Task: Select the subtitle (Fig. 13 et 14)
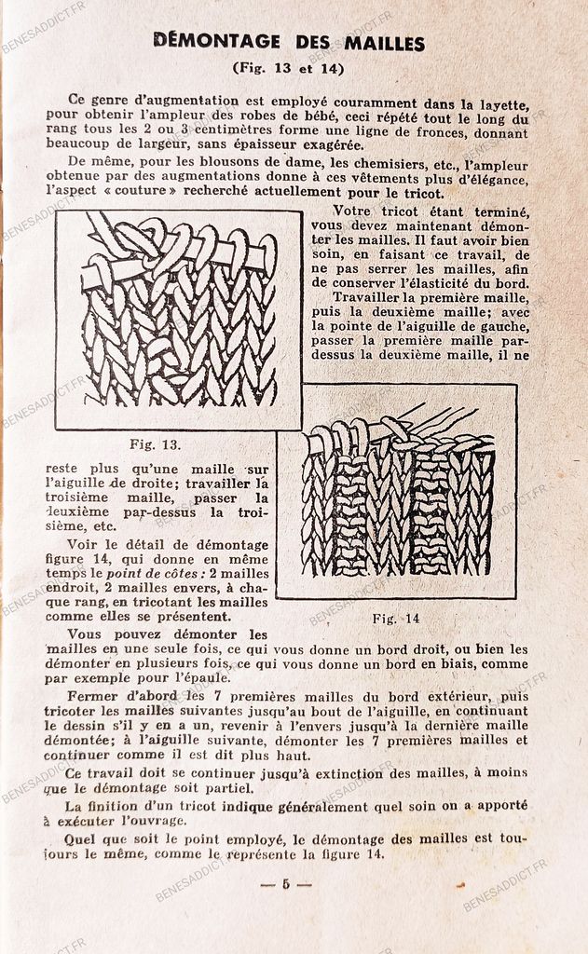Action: point(288,68)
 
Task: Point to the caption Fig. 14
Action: point(396,618)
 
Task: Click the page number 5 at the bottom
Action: point(286,883)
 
